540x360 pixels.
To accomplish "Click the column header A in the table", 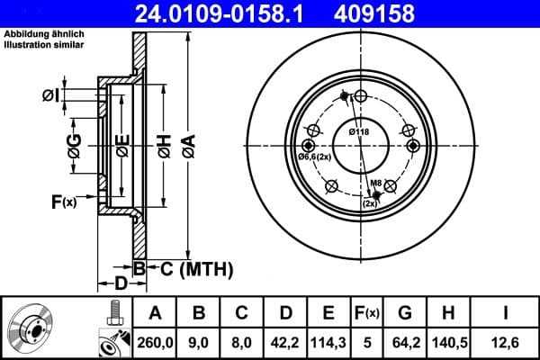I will (x=156, y=312).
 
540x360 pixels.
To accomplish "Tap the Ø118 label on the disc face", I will (x=360, y=132).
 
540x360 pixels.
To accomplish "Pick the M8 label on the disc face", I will (x=378, y=184).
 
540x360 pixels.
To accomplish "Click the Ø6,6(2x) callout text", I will (x=315, y=158).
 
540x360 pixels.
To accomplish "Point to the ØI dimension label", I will (x=51, y=94).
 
